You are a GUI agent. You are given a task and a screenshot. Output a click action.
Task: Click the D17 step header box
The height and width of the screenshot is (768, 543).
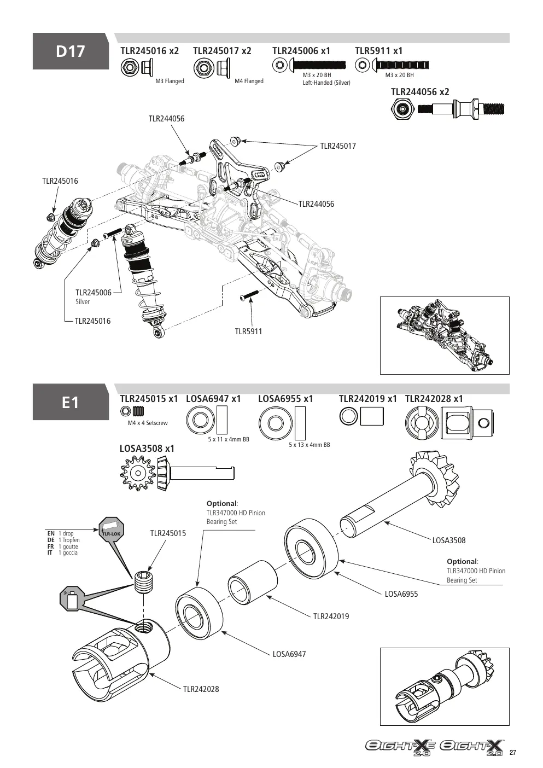[71, 51]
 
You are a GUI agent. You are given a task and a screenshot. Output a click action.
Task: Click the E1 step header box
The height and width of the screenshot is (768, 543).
[71, 402]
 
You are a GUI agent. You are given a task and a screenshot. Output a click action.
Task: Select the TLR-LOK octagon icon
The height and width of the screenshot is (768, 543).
[111, 530]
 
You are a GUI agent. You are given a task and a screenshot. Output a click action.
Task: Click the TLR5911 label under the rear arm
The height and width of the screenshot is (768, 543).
[248, 331]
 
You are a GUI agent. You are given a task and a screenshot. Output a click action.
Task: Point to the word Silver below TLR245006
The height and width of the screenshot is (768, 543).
[83, 302]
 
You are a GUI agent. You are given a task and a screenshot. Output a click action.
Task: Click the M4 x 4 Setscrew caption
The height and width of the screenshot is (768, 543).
[148, 423]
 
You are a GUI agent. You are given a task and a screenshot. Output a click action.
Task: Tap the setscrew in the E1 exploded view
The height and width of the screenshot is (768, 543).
[144, 581]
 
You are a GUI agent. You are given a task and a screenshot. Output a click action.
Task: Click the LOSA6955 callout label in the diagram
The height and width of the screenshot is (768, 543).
[401, 594]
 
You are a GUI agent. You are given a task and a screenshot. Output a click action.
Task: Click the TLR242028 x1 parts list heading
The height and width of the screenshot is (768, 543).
[434, 399]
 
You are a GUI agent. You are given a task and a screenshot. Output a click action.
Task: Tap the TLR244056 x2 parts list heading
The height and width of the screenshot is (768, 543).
[420, 92]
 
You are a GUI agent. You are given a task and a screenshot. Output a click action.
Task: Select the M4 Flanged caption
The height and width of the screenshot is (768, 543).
[249, 82]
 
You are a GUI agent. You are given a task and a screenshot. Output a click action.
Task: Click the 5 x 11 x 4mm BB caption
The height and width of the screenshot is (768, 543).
[229, 440]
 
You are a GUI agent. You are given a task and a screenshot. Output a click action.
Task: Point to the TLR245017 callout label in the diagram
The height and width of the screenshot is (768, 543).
[338, 146]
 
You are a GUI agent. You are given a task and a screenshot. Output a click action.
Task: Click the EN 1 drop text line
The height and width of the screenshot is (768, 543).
[61, 533]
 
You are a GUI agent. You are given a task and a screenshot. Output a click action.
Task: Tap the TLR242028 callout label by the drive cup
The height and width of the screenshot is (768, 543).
[201, 689]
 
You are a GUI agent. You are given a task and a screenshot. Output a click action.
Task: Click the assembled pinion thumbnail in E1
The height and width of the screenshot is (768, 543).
[445, 686]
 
